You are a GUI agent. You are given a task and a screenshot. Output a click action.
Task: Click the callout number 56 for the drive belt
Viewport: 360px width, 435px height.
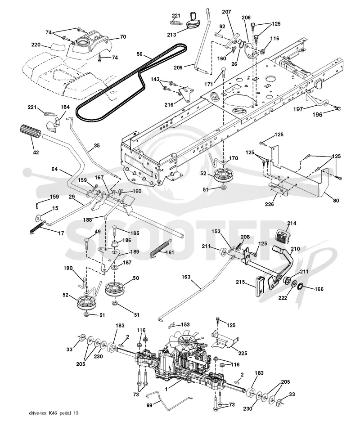[139, 54]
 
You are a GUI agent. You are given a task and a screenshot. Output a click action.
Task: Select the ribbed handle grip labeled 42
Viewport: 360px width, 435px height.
[30, 133]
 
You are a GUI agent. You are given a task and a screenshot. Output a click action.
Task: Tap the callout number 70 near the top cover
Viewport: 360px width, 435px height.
[123, 36]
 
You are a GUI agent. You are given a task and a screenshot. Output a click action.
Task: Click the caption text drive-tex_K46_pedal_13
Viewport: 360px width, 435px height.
[54, 413]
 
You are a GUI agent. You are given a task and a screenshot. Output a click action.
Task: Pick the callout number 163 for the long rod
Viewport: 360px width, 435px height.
[186, 277]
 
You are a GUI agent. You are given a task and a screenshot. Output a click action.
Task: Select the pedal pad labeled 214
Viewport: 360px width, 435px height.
[282, 238]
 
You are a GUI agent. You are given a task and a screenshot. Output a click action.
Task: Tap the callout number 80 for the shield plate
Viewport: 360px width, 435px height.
[336, 200]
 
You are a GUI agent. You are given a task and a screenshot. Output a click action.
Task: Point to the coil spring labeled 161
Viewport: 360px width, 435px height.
[159, 249]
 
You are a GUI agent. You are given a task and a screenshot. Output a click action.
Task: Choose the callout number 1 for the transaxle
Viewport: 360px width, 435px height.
[166, 390]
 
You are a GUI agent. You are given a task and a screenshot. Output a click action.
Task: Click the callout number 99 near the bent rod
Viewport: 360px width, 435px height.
[149, 405]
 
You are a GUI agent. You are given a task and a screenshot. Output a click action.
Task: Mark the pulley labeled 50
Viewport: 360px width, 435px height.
[115, 289]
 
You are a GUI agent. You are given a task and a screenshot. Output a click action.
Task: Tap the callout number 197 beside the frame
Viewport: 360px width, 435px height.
[298, 109]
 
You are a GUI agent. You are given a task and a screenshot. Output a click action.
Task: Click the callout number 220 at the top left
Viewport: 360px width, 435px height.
[36, 45]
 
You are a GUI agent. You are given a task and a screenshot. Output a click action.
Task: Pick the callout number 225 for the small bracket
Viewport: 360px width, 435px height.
[243, 354]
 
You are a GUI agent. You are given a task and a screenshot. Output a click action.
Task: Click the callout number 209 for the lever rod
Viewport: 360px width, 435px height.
[178, 67]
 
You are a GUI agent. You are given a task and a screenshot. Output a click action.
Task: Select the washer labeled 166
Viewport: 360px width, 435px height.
[300, 286]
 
